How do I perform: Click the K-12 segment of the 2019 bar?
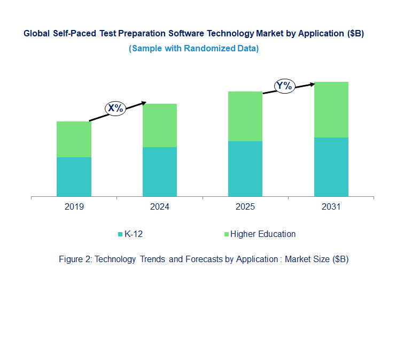74,177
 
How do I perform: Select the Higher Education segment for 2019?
74,139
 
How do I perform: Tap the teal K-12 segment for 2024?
159,172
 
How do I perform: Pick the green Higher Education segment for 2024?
159,125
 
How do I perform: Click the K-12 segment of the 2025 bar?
245,168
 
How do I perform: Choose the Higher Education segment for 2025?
245,116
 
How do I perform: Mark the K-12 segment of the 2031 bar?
331,167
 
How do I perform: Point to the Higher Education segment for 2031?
331,110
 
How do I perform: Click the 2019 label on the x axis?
74,207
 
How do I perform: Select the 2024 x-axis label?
159,207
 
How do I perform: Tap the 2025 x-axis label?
245,207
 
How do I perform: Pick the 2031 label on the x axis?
331,207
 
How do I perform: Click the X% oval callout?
115,109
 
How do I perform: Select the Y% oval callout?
285,86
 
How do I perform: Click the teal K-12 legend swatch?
120,234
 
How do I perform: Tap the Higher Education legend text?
263,234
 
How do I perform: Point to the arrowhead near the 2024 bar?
143,103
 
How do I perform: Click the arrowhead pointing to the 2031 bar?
313,83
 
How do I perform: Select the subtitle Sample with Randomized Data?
193,49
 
